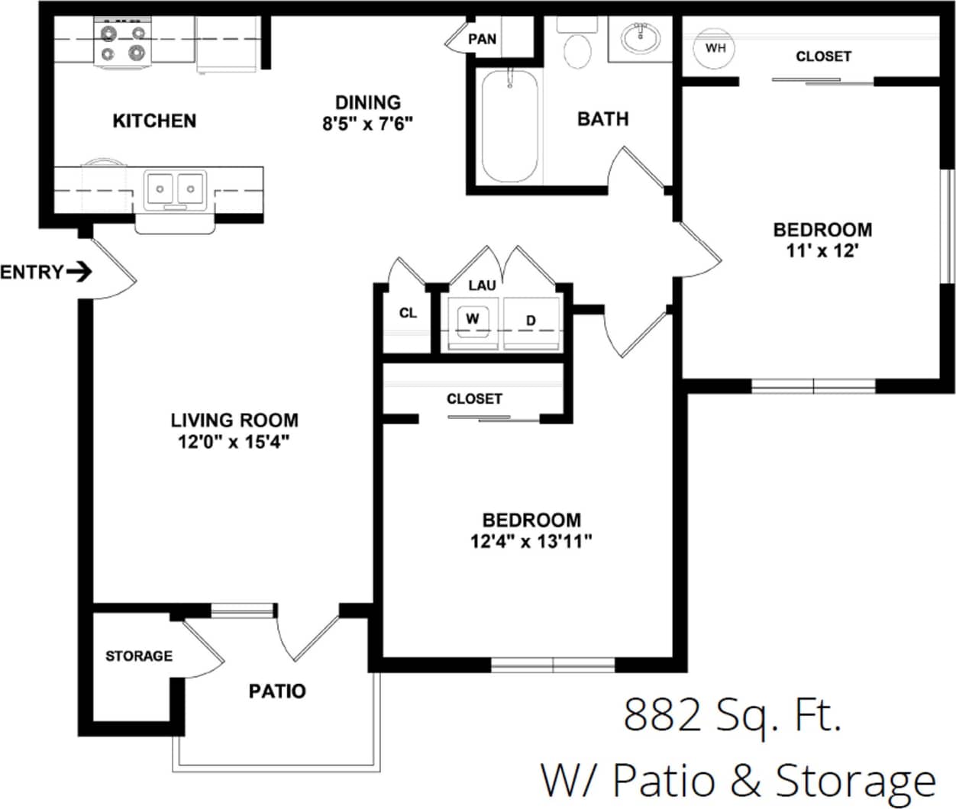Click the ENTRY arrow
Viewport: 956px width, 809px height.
(79, 272)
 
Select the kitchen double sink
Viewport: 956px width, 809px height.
(176, 187)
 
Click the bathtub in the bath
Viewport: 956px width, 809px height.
(509, 126)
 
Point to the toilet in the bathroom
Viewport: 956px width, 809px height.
(577, 47)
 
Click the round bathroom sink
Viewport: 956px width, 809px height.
(640, 37)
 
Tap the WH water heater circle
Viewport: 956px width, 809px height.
(715, 49)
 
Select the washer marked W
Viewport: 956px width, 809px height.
(473, 319)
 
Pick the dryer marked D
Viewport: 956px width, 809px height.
(531, 321)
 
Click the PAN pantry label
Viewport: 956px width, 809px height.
(482, 39)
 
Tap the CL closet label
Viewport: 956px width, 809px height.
(408, 313)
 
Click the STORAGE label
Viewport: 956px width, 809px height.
(138, 656)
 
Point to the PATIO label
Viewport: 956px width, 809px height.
(277, 691)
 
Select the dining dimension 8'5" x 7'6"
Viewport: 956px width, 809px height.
(367, 124)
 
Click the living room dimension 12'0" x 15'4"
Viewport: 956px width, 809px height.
(234, 441)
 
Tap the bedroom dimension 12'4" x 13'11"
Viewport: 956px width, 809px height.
(531, 541)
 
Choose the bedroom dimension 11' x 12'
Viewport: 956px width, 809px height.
(822, 250)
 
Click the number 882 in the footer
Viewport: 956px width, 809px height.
(662, 715)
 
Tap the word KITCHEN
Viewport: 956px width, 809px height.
(154, 121)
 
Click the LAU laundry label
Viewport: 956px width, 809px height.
(482, 285)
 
